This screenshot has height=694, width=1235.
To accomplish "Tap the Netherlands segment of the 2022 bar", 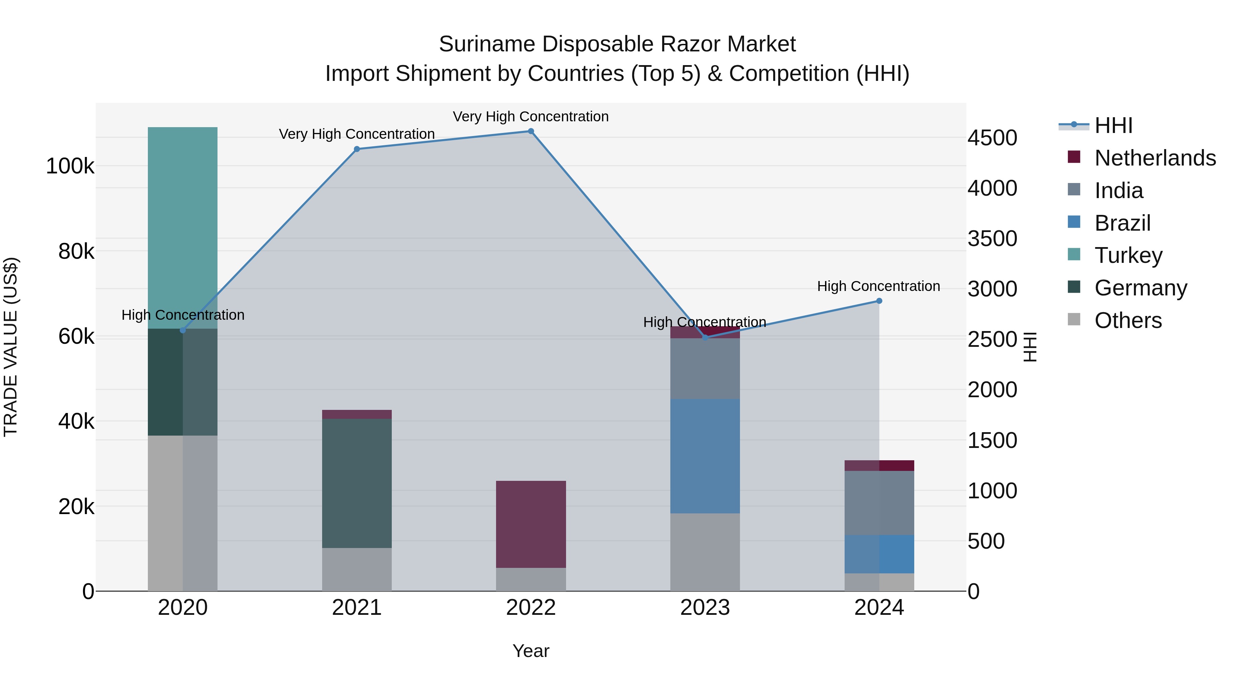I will [x=531, y=524].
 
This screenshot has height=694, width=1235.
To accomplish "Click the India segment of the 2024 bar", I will [x=879, y=502].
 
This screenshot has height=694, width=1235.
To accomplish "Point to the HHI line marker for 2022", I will [x=531, y=131].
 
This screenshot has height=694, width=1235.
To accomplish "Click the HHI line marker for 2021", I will [x=357, y=149].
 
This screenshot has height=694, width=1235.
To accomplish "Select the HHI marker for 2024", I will [x=879, y=301].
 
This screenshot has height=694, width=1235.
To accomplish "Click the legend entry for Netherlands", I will [x=1154, y=158].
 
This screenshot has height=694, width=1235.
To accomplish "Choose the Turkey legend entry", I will [x=1128, y=255].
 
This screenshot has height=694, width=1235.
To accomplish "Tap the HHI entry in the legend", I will [x=1113, y=125].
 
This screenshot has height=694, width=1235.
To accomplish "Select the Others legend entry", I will [x=1128, y=320].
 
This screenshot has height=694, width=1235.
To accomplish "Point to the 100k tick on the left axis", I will [x=70, y=166].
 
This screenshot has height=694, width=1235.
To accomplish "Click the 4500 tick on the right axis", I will [x=992, y=138].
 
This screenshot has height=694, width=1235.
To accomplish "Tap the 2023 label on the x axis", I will [x=705, y=608].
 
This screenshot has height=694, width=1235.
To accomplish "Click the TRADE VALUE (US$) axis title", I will [x=11, y=347].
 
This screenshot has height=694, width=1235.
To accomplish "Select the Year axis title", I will [x=531, y=651].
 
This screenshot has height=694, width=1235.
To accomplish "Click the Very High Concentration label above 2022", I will [x=531, y=117].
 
